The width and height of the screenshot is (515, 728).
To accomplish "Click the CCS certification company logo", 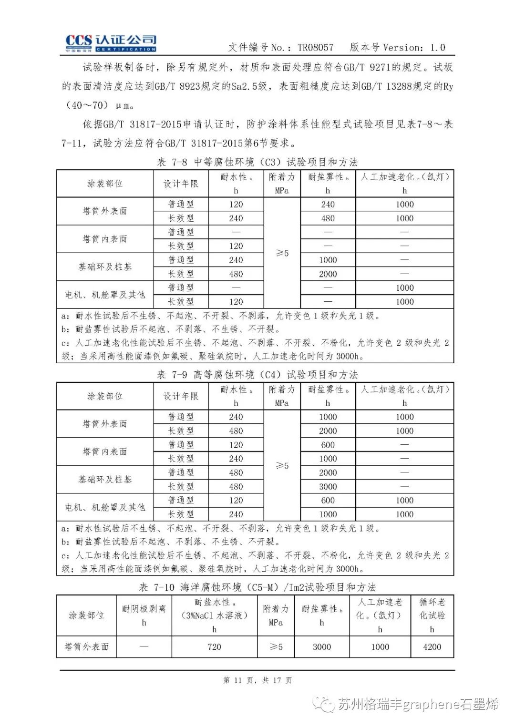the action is [111, 43].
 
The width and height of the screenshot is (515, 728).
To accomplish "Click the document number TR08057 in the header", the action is [315, 47].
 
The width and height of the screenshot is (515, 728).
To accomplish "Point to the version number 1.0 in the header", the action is [437, 47].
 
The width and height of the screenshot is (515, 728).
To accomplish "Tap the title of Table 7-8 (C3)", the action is [257, 162].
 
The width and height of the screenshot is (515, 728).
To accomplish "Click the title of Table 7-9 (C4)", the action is [257, 375].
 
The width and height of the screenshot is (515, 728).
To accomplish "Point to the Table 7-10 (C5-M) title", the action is [257, 587].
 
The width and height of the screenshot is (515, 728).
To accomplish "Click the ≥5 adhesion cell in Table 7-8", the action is [282, 253].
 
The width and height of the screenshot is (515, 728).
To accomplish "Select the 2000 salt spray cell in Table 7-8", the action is [328, 274].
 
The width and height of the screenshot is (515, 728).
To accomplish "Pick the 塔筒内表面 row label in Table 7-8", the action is [105, 239].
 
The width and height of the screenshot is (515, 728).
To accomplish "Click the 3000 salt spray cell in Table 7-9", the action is [328, 487].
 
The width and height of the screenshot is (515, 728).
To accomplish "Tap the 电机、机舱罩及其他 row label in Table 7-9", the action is [105, 507].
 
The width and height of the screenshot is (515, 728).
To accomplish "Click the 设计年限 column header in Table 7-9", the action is [181, 396].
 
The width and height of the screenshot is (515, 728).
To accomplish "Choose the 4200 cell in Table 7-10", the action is [432, 647].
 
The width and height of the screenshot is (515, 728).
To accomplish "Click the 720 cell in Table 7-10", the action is [214, 647].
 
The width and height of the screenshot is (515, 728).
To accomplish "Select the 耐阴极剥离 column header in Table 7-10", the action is [144, 615].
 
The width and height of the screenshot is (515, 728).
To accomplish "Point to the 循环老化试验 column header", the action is [432, 615].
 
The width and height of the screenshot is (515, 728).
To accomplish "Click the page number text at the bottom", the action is [257, 680].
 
